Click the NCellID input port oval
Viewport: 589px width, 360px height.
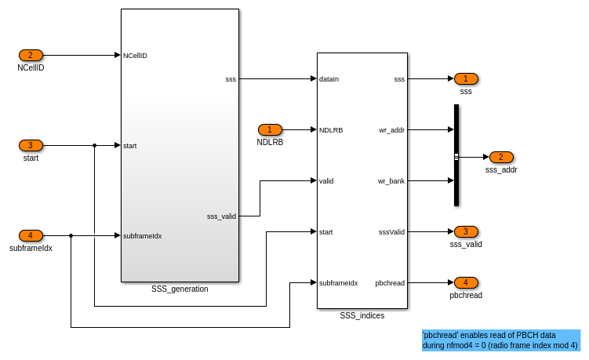[31, 55]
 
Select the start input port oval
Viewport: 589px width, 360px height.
[31, 145]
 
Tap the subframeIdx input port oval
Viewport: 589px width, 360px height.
[31, 235]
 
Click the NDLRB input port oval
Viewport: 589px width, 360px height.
[270, 129]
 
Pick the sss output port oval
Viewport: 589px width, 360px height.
[466, 78]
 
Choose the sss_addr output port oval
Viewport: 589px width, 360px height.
[501, 157]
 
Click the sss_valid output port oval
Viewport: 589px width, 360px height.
[466, 231]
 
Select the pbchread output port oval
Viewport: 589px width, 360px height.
[466, 282]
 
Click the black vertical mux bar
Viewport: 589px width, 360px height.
[456, 155]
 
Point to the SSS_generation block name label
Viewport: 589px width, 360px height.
[180, 289]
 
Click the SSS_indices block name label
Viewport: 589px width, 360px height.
[362, 315]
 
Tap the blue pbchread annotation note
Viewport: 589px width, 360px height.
[500, 340]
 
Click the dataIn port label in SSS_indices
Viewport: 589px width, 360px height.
[329, 79]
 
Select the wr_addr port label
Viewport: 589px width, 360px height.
[391, 130]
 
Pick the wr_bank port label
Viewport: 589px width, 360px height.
[391, 181]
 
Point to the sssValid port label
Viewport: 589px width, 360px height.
[391, 232]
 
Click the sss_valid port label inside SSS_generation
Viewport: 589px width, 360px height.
[221, 216]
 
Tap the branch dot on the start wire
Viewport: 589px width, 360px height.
[94, 145]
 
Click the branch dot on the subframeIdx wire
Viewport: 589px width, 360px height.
[71, 235]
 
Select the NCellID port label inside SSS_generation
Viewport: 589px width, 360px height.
[135, 56]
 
